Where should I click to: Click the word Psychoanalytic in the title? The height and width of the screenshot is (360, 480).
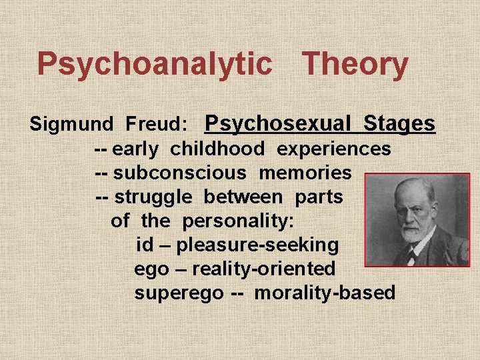(154, 65)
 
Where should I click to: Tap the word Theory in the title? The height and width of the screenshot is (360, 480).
(355, 65)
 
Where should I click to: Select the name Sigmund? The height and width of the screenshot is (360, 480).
(72, 125)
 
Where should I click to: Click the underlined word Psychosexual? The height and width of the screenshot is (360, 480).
(277, 123)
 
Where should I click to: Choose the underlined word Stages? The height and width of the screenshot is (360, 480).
(399, 123)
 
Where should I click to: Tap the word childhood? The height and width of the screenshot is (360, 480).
(217, 149)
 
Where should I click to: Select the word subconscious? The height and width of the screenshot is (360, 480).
(180, 173)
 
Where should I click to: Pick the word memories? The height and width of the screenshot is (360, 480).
(305, 173)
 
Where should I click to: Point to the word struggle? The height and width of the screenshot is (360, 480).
(153, 197)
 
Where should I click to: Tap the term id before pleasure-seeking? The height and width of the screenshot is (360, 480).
(144, 245)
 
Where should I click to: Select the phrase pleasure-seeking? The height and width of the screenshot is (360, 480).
(257, 245)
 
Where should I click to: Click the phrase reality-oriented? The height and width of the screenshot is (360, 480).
(263, 269)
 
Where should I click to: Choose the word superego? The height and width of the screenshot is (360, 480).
(179, 293)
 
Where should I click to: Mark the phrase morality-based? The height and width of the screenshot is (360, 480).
(325, 293)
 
